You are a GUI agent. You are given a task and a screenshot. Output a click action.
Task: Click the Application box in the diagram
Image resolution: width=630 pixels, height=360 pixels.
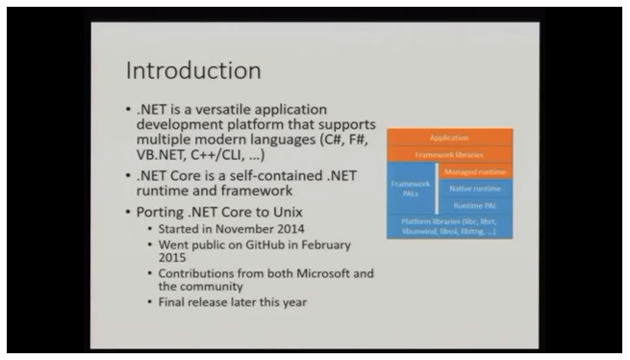(x=448, y=138)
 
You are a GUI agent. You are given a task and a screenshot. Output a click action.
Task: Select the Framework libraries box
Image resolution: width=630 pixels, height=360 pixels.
(x=448, y=154)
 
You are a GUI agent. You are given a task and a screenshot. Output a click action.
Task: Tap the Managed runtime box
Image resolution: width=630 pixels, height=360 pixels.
(x=476, y=170)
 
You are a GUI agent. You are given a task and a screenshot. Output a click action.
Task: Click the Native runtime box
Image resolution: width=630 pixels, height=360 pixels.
(x=476, y=188)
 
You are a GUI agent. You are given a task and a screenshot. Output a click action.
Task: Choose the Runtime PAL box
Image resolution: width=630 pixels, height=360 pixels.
(x=476, y=205)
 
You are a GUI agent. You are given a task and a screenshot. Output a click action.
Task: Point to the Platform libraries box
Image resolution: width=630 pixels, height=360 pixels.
(x=448, y=226)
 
